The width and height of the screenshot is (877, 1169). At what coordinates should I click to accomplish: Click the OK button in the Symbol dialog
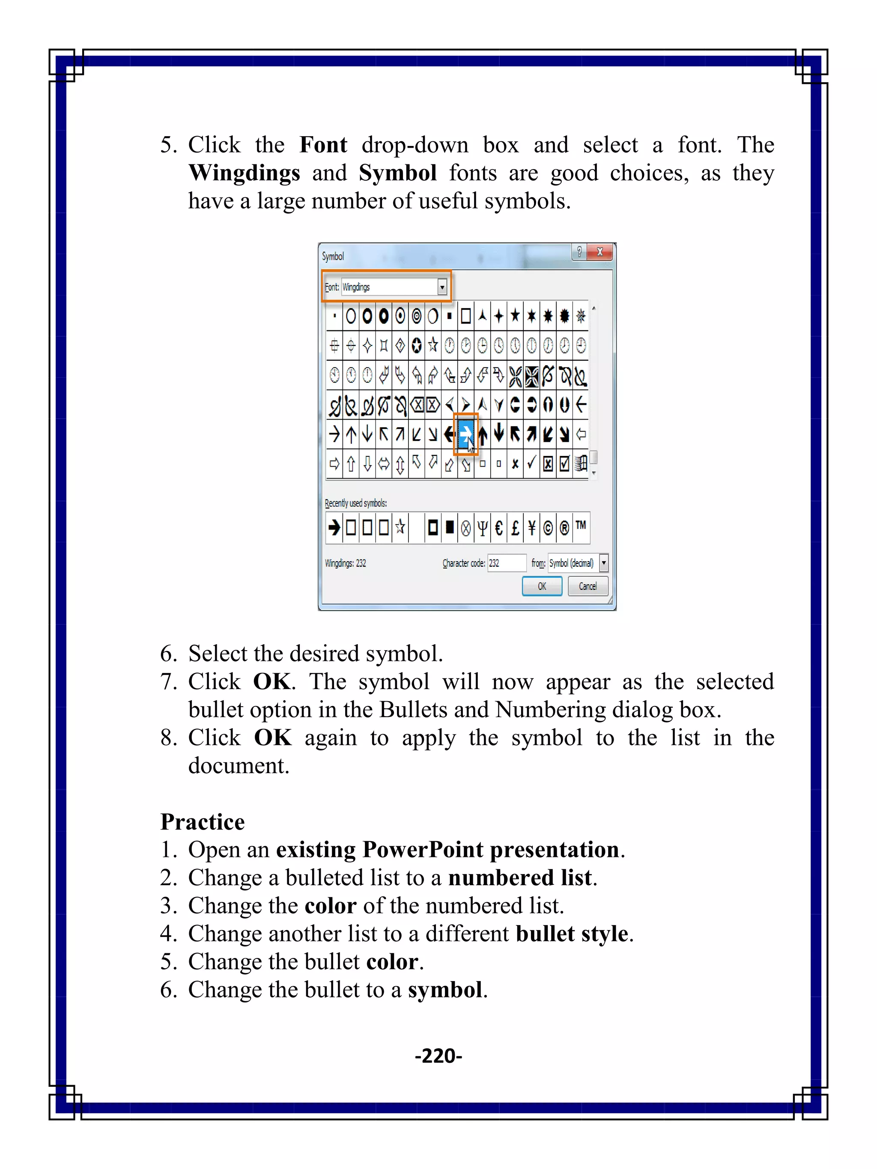click(541, 586)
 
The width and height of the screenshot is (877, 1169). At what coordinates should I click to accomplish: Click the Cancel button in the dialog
click(588, 586)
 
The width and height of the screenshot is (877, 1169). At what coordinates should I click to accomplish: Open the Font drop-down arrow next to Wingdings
click(442, 287)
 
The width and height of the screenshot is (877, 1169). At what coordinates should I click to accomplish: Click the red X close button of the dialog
click(600, 252)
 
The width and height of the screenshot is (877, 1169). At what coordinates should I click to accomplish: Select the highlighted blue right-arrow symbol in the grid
click(465, 434)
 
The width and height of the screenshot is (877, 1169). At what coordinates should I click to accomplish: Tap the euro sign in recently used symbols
click(498, 527)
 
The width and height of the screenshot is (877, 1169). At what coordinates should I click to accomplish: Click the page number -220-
click(438, 1056)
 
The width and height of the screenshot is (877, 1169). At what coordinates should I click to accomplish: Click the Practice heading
click(203, 822)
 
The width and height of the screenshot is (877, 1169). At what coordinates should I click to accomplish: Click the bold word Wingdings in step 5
click(244, 173)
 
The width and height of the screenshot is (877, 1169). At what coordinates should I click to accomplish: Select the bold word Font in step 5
click(323, 145)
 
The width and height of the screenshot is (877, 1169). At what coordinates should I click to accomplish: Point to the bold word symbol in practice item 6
click(444, 989)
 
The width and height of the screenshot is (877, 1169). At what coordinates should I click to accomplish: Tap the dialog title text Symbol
click(333, 256)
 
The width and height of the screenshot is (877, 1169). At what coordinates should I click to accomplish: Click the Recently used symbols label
click(355, 503)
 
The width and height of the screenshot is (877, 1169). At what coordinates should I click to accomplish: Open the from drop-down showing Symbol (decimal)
click(604, 563)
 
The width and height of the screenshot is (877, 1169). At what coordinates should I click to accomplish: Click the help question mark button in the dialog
click(579, 252)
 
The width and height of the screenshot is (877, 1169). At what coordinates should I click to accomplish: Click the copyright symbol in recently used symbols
click(548, 527)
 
